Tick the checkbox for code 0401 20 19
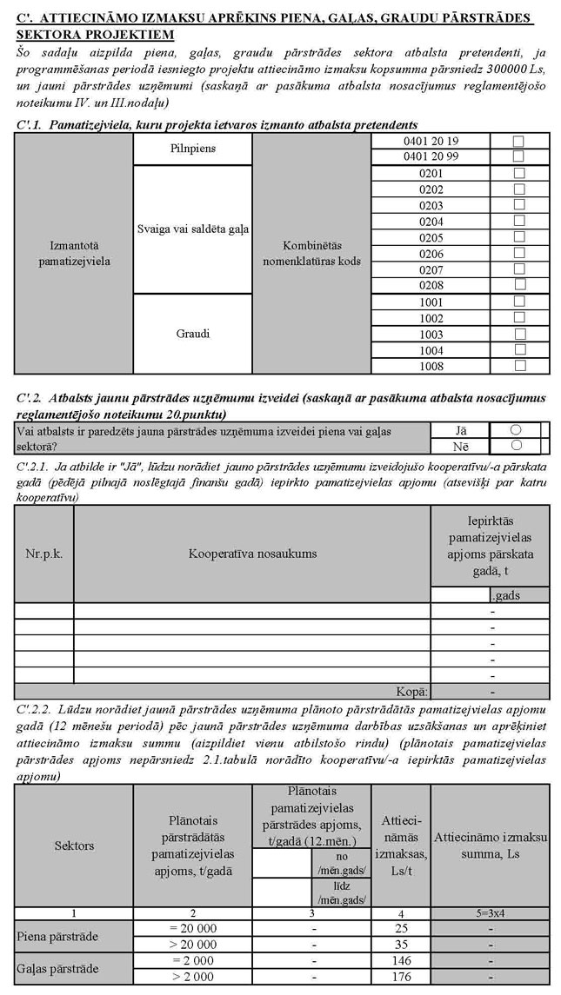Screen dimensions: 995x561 click(519, 141)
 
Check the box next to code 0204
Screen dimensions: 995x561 click(519, 222)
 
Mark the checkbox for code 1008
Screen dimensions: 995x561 click(519, 366)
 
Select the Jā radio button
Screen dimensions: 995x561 click(515, 429)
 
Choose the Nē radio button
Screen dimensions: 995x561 click(515, 445)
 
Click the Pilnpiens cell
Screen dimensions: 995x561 click(192, 149)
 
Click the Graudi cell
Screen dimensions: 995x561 click(192, 334)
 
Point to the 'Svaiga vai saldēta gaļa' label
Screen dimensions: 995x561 click(192, 229)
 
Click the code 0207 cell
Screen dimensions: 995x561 click(431, 269)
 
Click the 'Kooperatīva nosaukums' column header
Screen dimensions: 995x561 click(252, 553)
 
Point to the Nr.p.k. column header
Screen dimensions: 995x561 click(43, 553)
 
